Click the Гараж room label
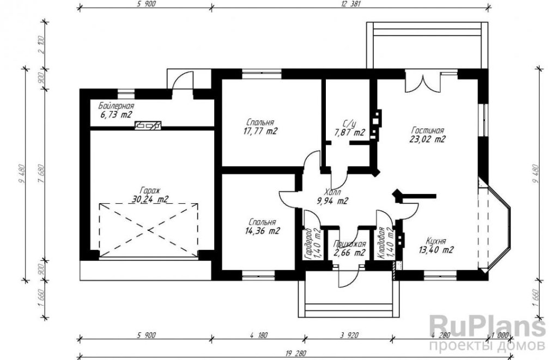[150, 190]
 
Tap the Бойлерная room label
[117, 106]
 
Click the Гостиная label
[427, 130]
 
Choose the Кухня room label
[436, 241]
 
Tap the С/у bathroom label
[349, 124]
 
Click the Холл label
[332, 192]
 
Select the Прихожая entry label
[349, 244]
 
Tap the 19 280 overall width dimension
[295, 354]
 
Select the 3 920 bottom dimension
[349, 335]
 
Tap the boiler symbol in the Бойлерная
[148, 125]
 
